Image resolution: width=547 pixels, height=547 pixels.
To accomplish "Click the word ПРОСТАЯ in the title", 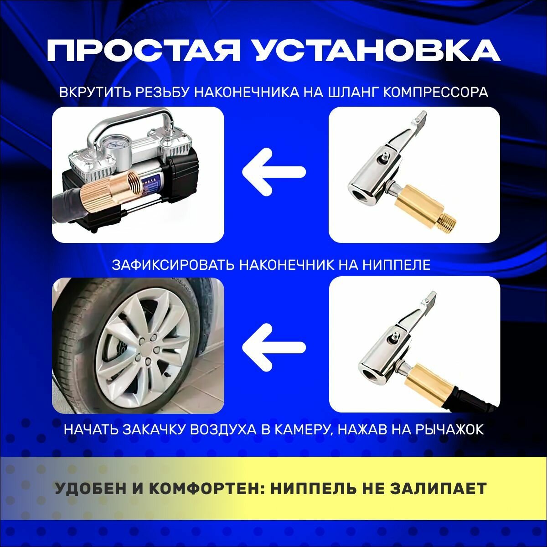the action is coord(143,51).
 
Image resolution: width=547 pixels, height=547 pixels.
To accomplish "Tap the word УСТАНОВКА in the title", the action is coord(378,51).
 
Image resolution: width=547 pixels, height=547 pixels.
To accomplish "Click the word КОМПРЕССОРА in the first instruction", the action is coord(435,92).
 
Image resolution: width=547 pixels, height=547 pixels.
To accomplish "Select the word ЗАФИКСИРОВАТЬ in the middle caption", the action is coord(173,265).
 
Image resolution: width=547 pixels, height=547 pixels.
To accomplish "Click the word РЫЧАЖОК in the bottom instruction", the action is coord(449,429).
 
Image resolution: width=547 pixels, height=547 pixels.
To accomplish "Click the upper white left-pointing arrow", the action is coord(274,172).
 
